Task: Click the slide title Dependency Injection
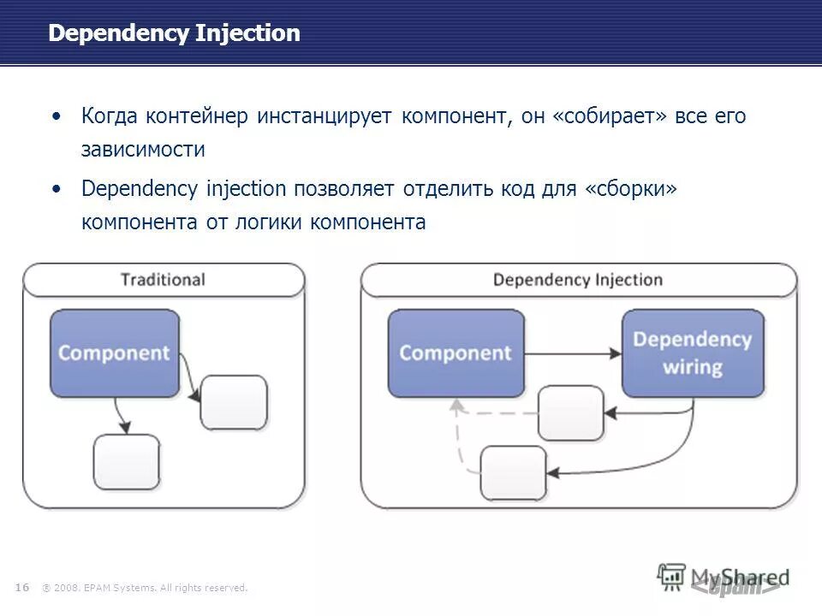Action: point(174,33)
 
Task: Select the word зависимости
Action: point(143,150)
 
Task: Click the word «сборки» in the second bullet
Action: point(631,188)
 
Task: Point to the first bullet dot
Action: point(57,116)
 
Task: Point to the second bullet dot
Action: point(57,188)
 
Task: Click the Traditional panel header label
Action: point(163,280)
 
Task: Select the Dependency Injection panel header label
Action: point(578,280)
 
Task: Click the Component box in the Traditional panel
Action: point(115,352)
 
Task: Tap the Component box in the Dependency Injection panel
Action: point(456,352)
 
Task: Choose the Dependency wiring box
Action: point(692,352)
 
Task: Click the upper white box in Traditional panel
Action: point(234,402)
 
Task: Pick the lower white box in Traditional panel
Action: point(127,462)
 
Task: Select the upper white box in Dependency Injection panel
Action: point(571,412)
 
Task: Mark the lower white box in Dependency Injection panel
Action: point(514,472)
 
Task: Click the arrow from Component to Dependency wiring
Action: point(573,352)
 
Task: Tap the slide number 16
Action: point(22,587)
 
